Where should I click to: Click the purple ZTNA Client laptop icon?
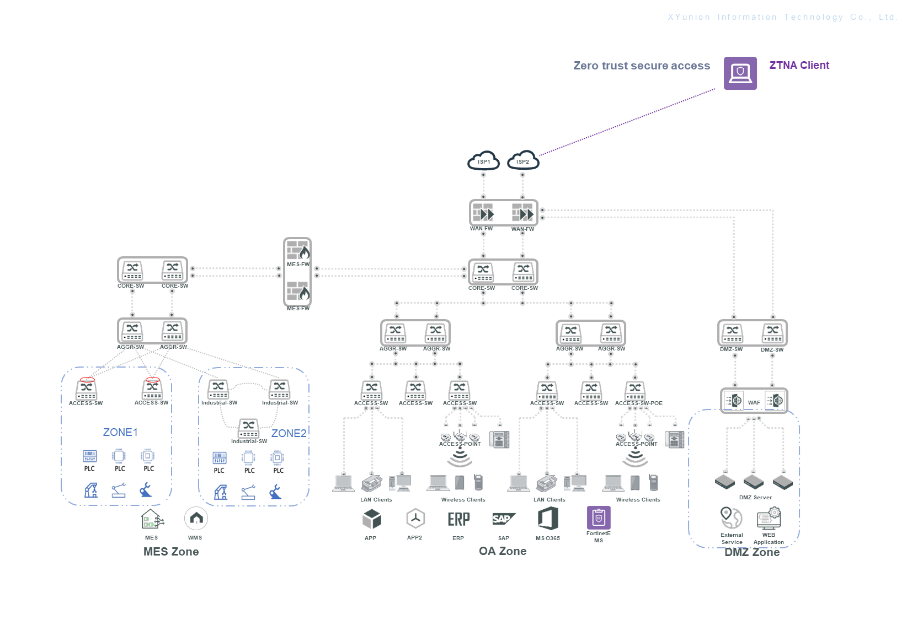(740, 73)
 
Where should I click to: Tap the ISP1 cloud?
(483, 161)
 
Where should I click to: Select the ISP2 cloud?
(523, 161)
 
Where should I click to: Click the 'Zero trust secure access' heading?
(642, 66)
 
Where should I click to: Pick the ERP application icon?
(458, 519)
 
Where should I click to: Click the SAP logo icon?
(503, 519)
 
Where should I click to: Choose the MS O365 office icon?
(548, 519)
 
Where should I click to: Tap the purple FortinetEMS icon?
(599, 517)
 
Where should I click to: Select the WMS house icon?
(196, 519)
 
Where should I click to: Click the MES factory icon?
(152, 519)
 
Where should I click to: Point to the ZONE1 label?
(120, 432)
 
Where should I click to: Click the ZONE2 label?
(289, 433)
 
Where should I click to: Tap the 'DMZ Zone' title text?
(752, 552)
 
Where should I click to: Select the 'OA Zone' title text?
(503, 551)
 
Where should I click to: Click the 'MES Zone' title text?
(171, 552)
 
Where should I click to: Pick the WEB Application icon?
(769, 518)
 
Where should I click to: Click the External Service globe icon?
(732, 518)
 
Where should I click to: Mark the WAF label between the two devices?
(754, 402)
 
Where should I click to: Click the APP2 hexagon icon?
(415, 519)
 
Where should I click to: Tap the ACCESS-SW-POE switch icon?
(635, 390)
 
